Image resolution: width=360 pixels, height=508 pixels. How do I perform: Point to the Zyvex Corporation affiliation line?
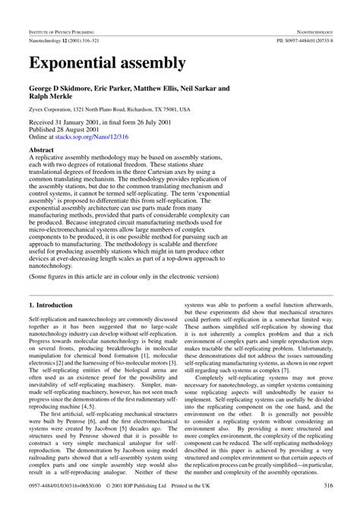tap(109, 110)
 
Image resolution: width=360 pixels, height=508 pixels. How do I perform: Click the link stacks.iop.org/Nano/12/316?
tap(93, 137)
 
